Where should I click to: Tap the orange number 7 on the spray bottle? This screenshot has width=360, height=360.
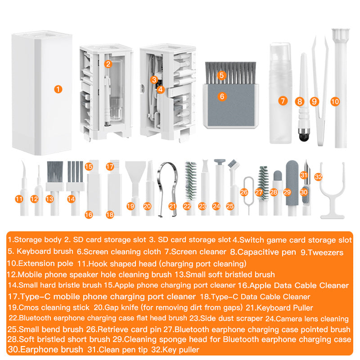click(x=283, y=101)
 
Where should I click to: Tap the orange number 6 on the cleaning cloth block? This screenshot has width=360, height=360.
click(x=221, y=96)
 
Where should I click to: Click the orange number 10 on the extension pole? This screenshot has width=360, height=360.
click(x=335, y=102)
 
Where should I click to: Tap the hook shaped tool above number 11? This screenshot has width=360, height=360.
click(x=21, y=173)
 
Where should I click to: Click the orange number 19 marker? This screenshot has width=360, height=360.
click(x=130, y=206)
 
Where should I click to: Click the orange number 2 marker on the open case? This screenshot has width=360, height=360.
click(x=108, y=64)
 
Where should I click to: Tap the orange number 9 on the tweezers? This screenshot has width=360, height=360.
click(x=315, y=102)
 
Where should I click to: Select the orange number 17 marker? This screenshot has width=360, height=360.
click(x=110, y=166)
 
